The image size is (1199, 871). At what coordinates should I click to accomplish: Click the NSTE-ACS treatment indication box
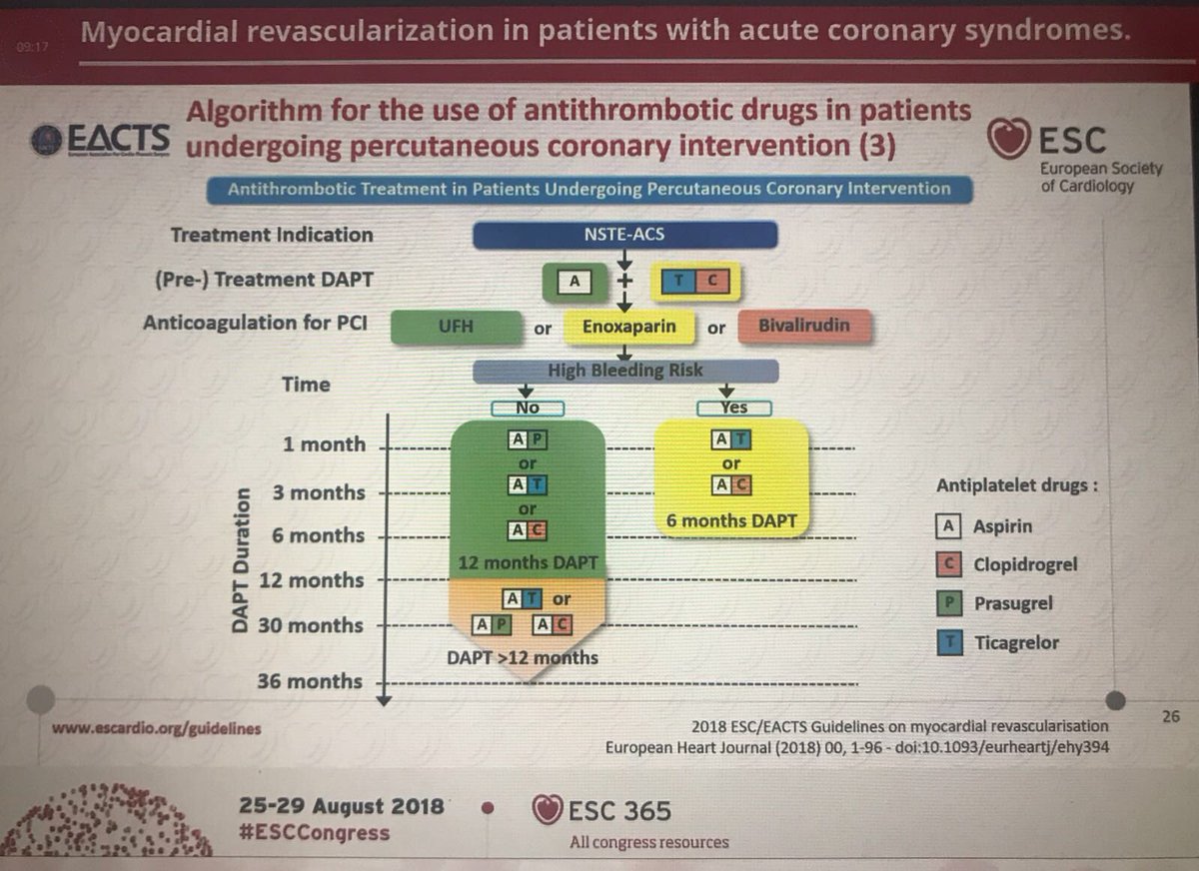pyautogui.click(x=624, y=235)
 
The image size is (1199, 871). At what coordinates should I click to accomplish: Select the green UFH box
pyautogui.click(x=456, y=327)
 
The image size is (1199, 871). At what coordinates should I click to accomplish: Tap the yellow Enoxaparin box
pyautogui.click(x=630, y=327)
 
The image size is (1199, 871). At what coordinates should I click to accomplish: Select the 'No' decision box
pyautogui.click(x=528, y=408)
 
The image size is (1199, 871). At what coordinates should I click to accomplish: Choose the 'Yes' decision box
pyautogui.click(x=732, y=408)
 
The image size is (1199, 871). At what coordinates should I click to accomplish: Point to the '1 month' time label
pyautogui.click(x=325, y=444)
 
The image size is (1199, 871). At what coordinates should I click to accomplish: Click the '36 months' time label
pyautogui.click(x=310, y=681)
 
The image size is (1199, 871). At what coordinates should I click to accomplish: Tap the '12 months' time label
pyautogui.click(x=312, y=580)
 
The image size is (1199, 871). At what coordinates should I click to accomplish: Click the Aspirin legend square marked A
pyautogui.click(x=952, y=525)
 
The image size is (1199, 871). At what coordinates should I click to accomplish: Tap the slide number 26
pyautogui.click(x=1171, y=715)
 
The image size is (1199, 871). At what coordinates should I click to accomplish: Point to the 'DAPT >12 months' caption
pyautogui.click(x=523, y=657)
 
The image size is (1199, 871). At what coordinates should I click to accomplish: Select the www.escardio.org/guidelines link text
pyautogui.click(x=157, y=728)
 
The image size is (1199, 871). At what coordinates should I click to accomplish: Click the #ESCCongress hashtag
pyautogui.click(x=315, y=832)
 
